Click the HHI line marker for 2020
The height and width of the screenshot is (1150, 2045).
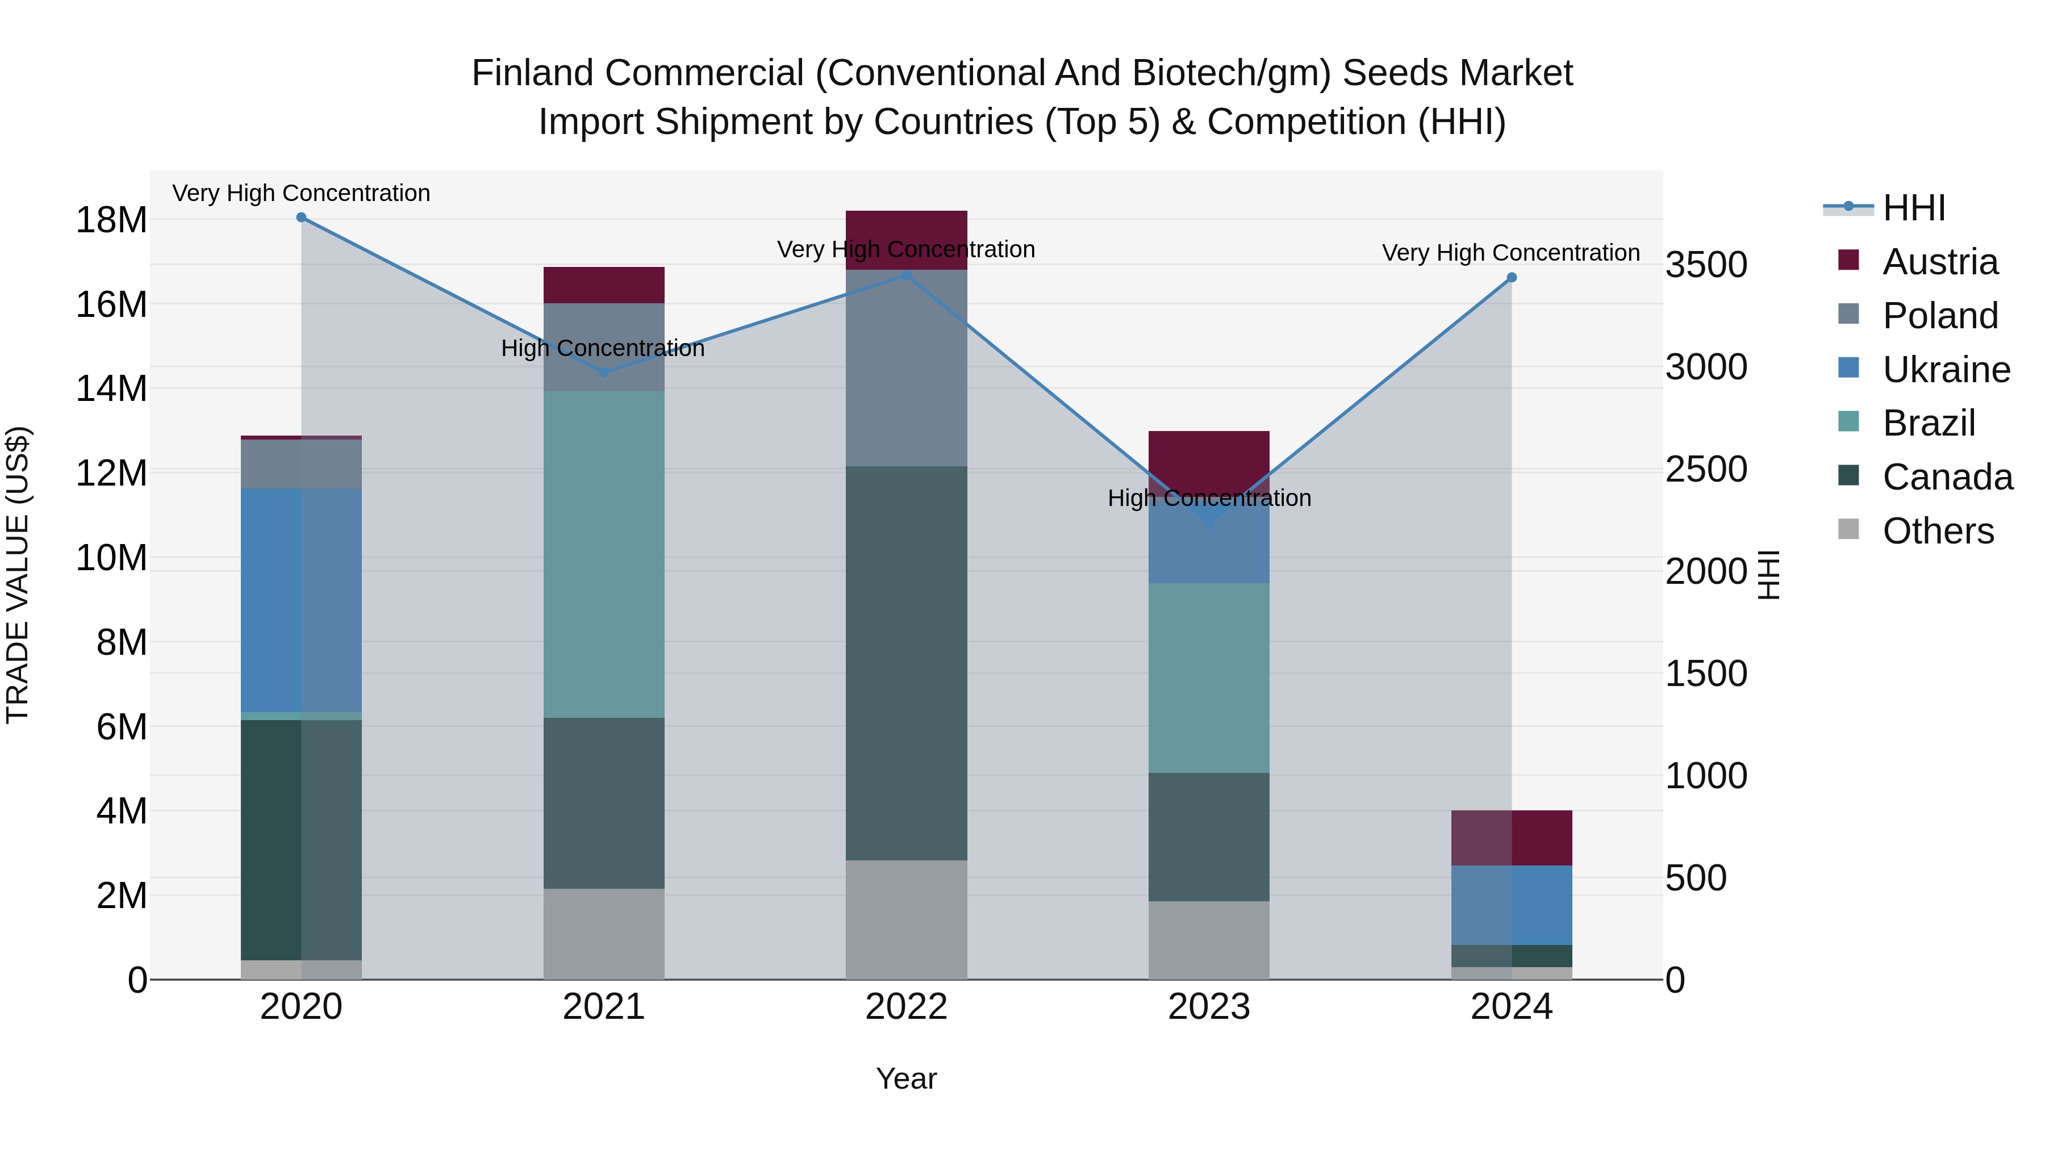pyautogui.click(x=301, y=218)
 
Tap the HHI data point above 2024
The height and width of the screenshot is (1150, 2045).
pyautogui.click(x=1512, y=278)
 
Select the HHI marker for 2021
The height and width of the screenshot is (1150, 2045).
pyautogui.click(x=603, y=371)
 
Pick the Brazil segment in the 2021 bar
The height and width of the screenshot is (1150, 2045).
pyautogui.click(x=603, y=554)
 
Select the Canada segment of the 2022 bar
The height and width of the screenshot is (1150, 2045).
pyautogui.click(x=906, y=663)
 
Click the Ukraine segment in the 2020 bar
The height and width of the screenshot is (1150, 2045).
pyautogui.click(x=301, y=600)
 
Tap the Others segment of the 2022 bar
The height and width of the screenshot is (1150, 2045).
pyautogui.click(x=906, y=919)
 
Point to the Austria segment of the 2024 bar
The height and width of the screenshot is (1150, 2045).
pyautogui.click(x=1512, y=837)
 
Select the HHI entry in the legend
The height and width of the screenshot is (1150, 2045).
pyautogui.click(x=1913, y=208)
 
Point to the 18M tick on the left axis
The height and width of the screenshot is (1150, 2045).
pyautogui.click(x=111, y=220)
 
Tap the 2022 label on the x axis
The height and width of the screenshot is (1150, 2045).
pyautogui.click(x=906, y=1007)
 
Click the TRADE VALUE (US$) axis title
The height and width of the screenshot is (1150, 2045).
pyautogui.click(x=18, y=575)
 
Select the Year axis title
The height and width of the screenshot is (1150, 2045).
pyautogui.click(x=906, y=1078)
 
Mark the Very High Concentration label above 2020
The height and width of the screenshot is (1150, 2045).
pyautogui.click(x=301, y=193)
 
